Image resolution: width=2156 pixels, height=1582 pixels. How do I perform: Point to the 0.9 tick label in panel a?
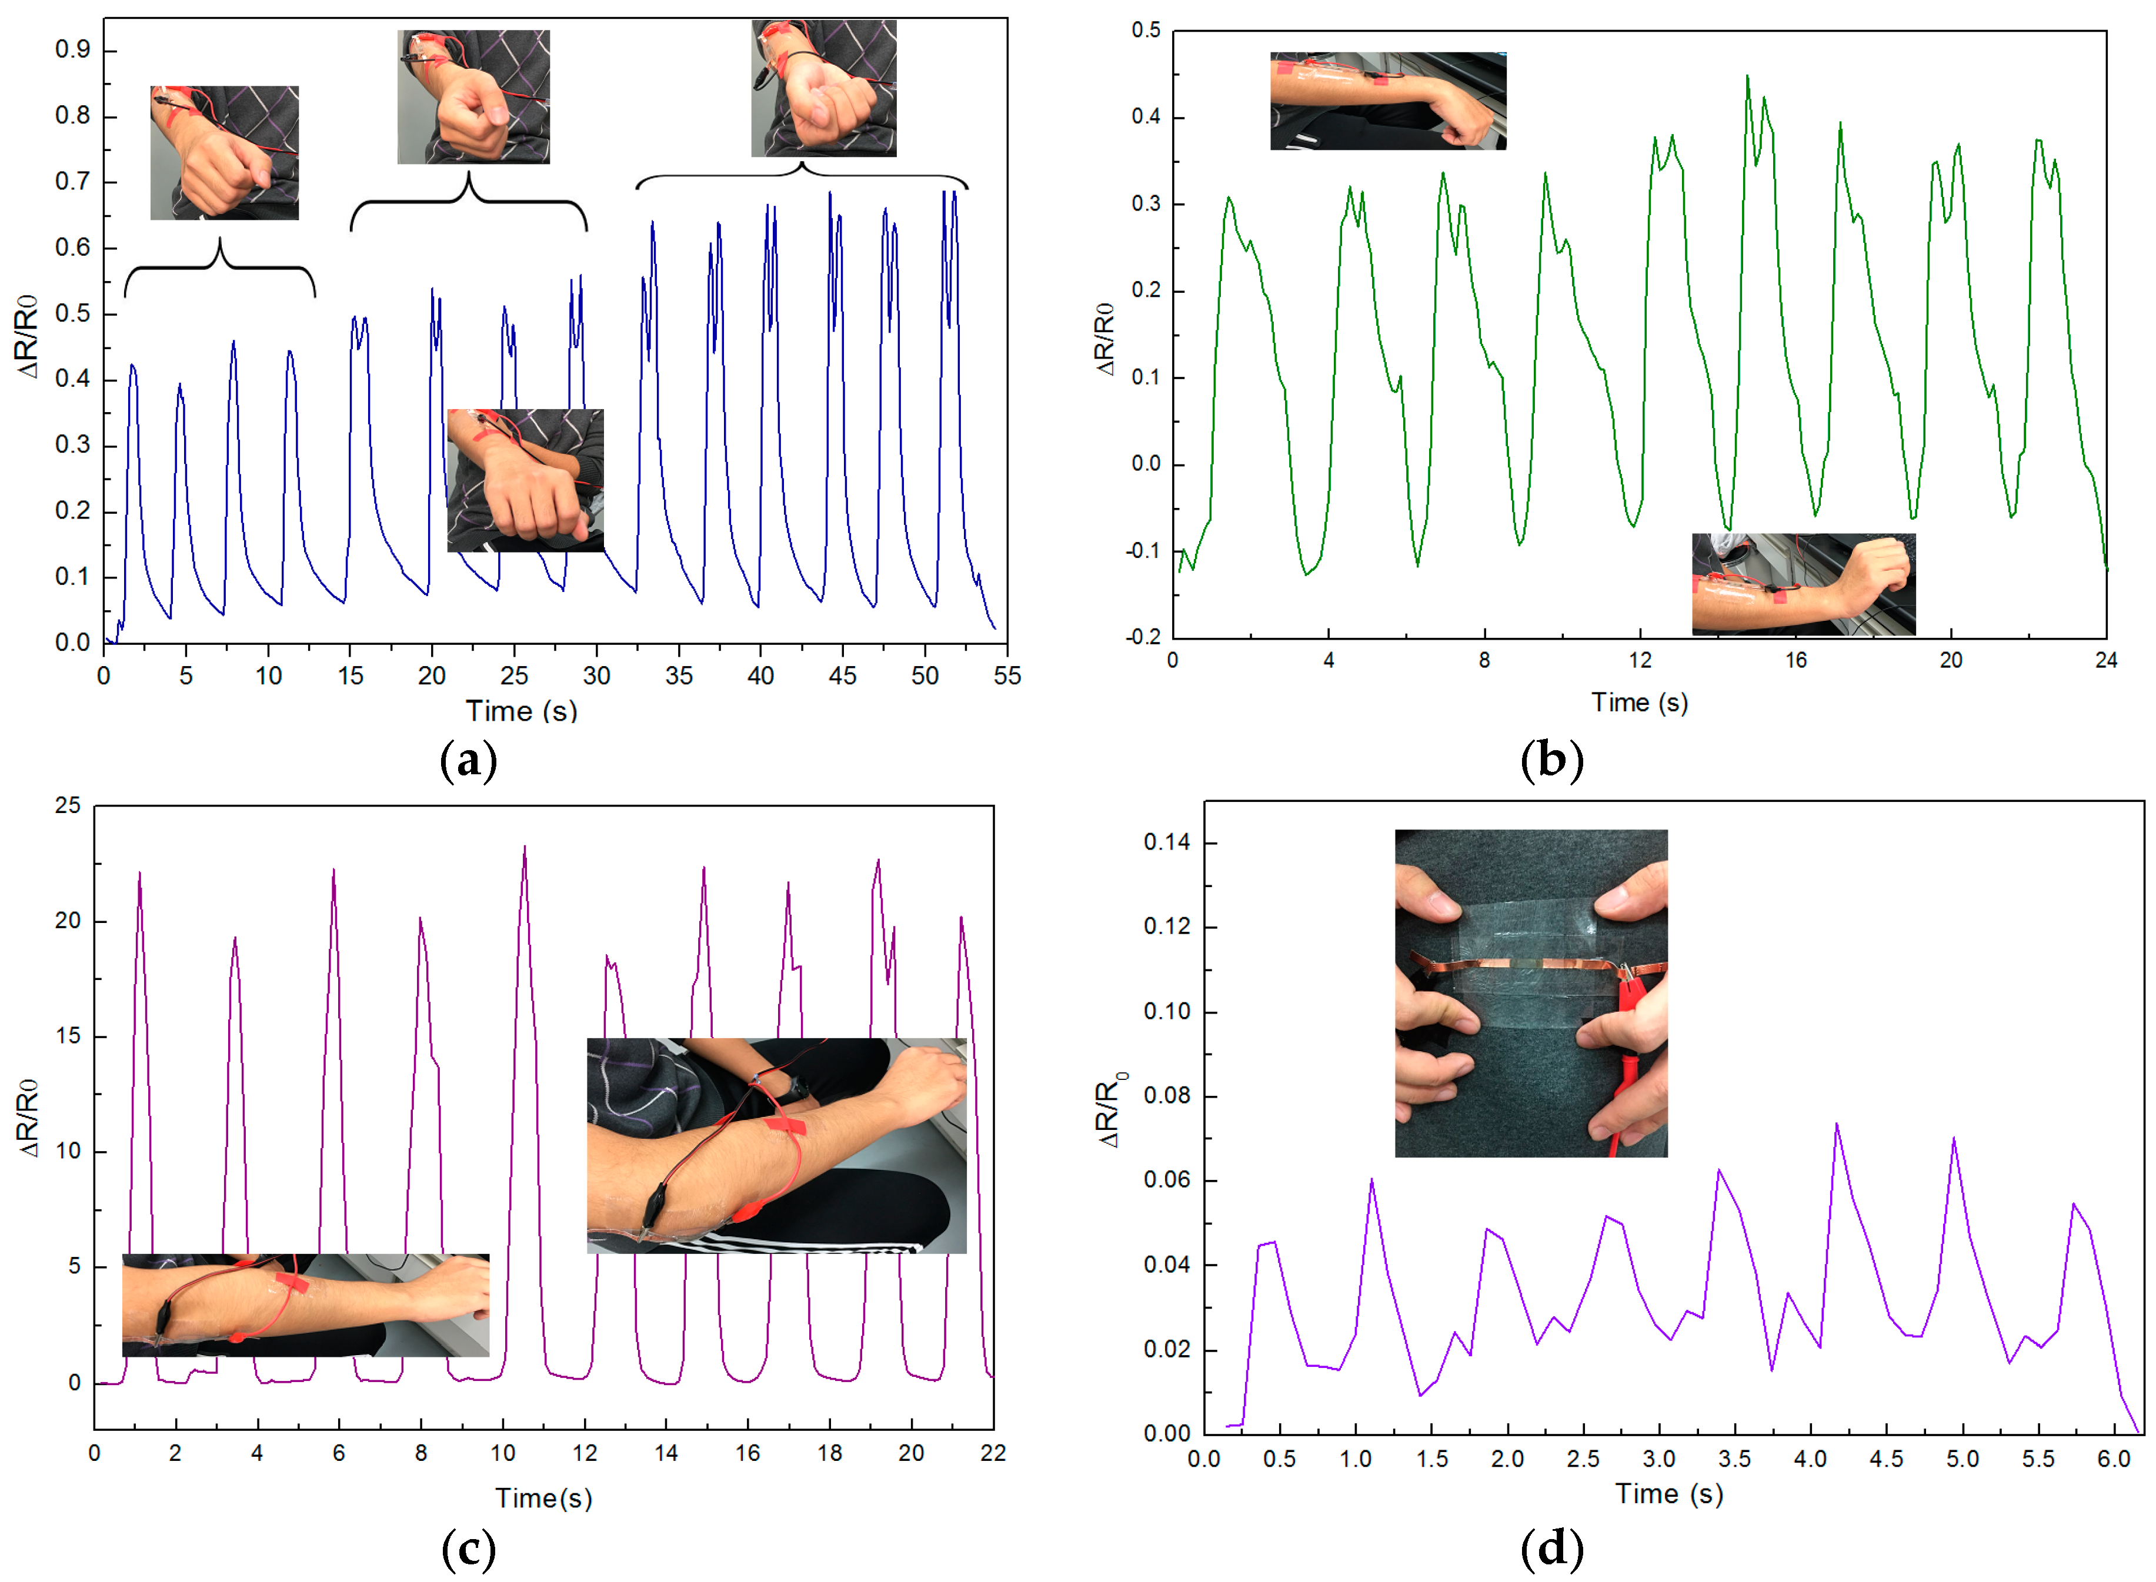[x=73, y=50]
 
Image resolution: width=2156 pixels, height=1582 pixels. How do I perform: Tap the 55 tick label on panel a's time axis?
[x=1007, y=676]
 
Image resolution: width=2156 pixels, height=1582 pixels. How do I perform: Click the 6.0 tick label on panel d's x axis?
[x=2113, y=1459]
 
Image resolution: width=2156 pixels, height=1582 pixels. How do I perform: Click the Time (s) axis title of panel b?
[x=1639, y=703]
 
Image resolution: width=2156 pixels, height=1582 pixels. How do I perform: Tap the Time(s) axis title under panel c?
[x=543, y=1499]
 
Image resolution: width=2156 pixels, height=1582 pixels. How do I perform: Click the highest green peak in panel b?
[x=1746, y=76]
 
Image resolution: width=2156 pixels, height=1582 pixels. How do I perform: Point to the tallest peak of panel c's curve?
[x=524, y=848]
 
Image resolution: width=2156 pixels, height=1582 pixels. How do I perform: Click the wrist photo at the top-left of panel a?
[x=224, y=153]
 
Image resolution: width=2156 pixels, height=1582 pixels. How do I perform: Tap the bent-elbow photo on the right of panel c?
[x=776, y=1145]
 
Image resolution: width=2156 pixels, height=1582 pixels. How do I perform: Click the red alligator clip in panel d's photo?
[x=1629, y=996]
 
